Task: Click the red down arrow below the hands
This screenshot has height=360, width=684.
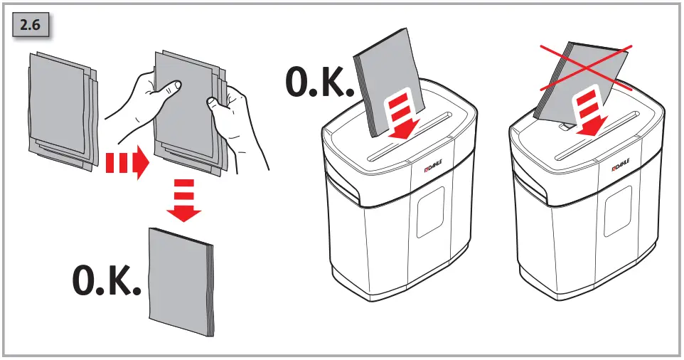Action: [x=183, y=201]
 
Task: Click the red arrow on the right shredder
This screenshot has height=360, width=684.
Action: [x=589, y=113]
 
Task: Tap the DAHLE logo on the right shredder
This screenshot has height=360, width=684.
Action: [x=624, y=169]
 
